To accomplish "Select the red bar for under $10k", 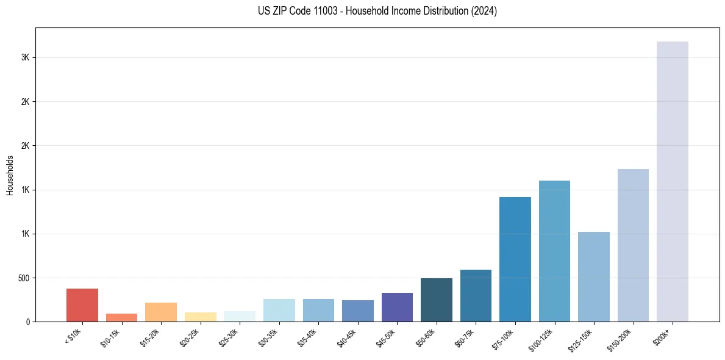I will [x=82, y=305].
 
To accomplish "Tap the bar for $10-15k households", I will [x=121, y=317].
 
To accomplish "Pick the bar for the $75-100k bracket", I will [x=515, y=259].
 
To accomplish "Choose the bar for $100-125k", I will [x=554, y=251].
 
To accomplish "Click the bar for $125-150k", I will [x=593, y=276].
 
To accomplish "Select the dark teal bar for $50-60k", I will [x=436, y=300].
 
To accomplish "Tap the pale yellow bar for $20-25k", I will [x=200, y=317].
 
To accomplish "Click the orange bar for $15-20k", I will [x=161, y=312].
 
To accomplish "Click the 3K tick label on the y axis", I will [x=24, y=57].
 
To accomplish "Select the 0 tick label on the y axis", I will [x=27, y=322].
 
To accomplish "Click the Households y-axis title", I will [x=10, y=175].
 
